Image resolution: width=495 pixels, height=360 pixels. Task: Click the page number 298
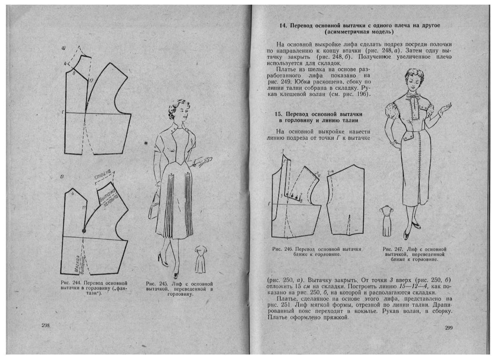pos(46,325)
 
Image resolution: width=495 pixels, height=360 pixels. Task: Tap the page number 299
pos(449,327)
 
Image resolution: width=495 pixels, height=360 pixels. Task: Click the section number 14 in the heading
pos(283,26)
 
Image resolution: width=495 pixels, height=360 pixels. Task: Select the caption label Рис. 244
pos(70,282)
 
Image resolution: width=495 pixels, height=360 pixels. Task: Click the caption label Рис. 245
pos(154,284)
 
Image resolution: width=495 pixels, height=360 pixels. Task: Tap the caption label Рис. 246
pos(281,249)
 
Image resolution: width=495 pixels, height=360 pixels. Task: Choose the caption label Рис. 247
pos(392,249)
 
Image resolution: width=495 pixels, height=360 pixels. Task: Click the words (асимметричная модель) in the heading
pos(359,32)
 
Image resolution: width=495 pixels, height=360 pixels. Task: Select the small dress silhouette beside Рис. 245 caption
pos(200,259)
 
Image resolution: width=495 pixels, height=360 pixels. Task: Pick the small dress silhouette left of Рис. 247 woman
pos(386,220)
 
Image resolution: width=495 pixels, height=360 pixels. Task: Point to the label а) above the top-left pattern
pos(63,48)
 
